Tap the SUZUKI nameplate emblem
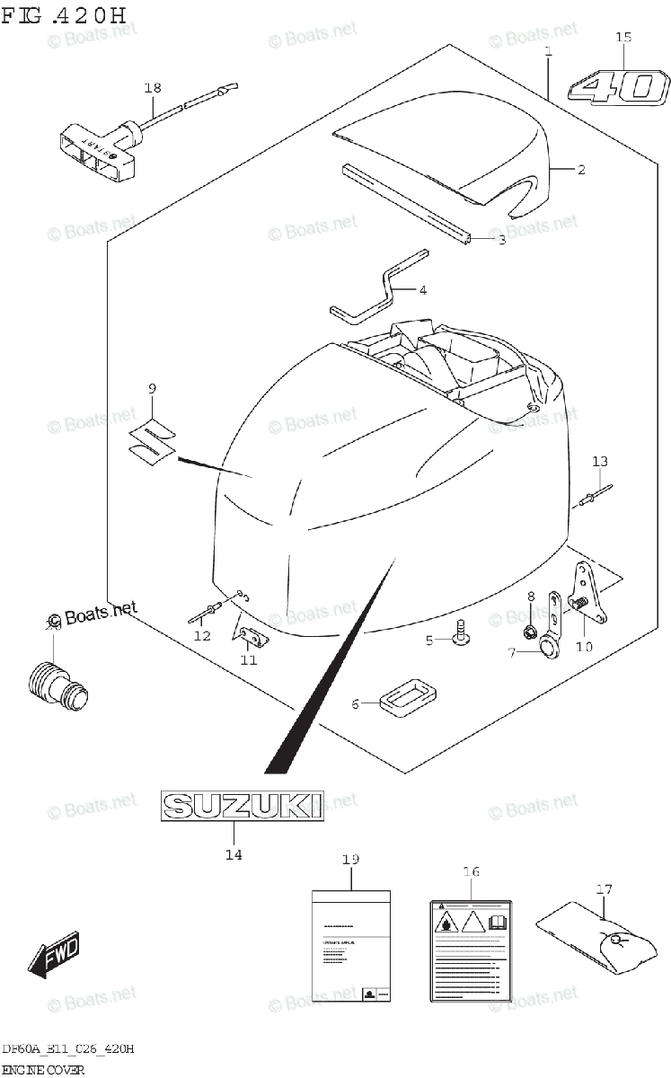[x=242, y=805]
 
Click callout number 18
[x=153, y=87]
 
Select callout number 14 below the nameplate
[x=234, y=854]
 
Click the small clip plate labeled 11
[x=252, y=636]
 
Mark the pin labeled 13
[x=596, y=494]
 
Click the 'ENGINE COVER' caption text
[x=43, y=1069]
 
